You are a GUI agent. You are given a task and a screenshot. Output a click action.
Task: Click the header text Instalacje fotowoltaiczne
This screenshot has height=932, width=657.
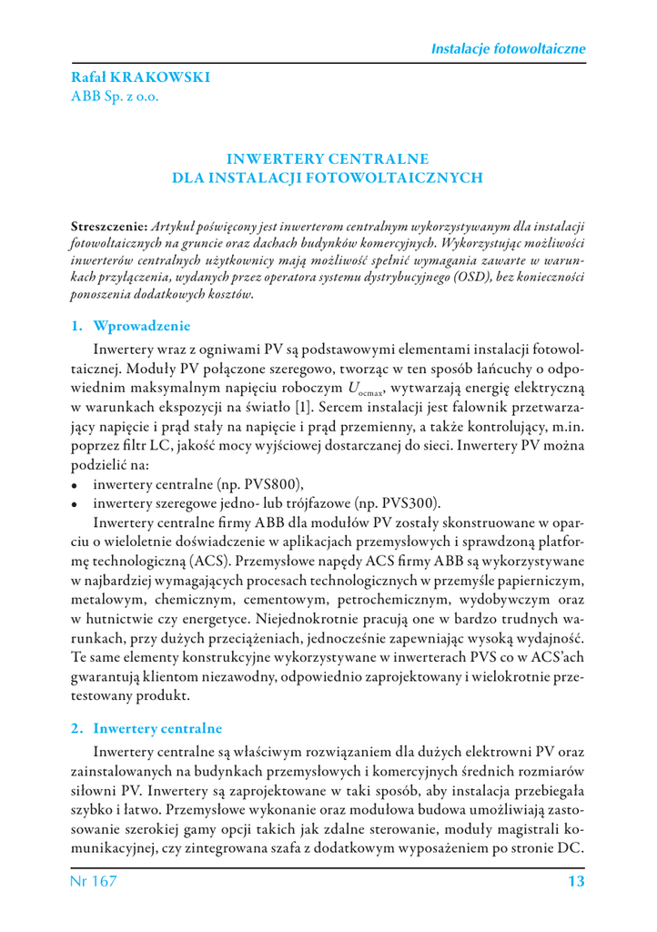tap(507, 48)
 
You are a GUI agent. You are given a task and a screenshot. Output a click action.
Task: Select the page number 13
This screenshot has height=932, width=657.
tap(575, 881)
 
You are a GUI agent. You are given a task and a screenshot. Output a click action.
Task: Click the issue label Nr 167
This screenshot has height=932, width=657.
tap(94, 881)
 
